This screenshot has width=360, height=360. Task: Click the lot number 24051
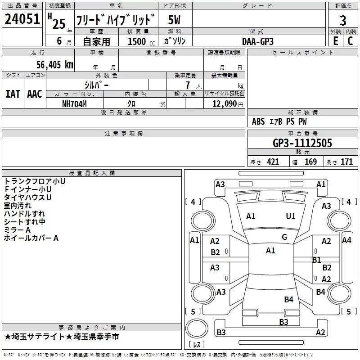pyautogui.click(x=22, y=19)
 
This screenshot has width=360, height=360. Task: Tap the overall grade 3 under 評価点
pyautogui.click(x=343, y=21)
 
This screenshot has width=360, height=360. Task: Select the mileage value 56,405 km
pyautogui.click(x=55, y=65)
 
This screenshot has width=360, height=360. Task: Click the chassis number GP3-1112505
pyautogui.click(x=302, y=143)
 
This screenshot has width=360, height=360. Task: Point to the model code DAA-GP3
pyautogui.click(x=258, y=41)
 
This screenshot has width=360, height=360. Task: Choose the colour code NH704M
pyautogui.click(x=74, y=104)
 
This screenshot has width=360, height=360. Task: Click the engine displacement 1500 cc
pyautogui.click(x=141, y=41)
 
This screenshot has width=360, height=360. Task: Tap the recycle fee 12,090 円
pyautogui.click(x=228, y=104)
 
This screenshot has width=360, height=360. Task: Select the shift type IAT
pyautogui.click(x=13, y=94)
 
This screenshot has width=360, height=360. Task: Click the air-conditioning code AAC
pyautogui.click(x=35, y=94)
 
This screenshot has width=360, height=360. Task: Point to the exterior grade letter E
pyautogui.click(x=336, y=41)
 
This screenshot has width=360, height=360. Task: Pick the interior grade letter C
pyautogui.click(x=350, y=41)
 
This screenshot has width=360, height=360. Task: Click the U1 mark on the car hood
pyautogui.click(x=291, y=216)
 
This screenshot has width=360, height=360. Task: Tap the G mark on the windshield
pyautogui.click(x=284, y=237)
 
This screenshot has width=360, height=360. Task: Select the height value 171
pyautogui.click(x=346, y=162)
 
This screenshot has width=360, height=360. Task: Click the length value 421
pyautogui.click(x=273, y=162)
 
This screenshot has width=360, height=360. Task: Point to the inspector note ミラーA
pyautogui.click(x=17, y=230)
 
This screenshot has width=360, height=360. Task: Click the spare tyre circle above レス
pyautogui.click(x=197, y=329)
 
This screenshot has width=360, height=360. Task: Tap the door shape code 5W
pyautogui.click(x=174, y=20)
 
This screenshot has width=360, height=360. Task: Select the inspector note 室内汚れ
pyautogui.click(x=18, y=206)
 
